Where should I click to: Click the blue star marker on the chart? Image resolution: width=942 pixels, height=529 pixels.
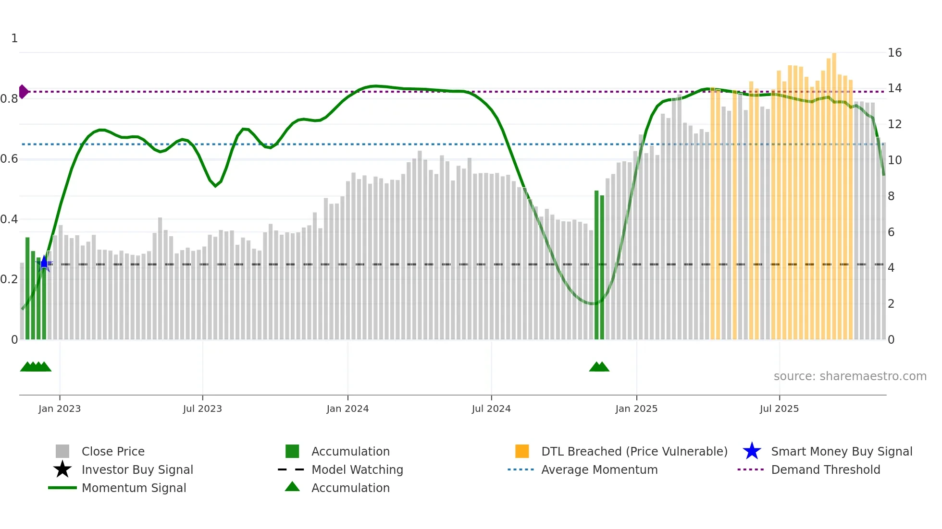(44, 263)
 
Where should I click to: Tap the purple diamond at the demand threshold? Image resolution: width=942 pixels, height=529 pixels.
(23, 92)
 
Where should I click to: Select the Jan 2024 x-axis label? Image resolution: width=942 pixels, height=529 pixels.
(347, 409)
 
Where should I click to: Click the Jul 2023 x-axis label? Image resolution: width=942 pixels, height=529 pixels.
(202, 409)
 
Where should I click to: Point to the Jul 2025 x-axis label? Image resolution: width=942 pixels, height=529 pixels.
(779, 409)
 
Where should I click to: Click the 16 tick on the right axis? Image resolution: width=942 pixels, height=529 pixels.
(894, 53)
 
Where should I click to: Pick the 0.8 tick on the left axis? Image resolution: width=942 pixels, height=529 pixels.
(9, 99)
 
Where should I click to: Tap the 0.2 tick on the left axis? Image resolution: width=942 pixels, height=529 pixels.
(9, 279)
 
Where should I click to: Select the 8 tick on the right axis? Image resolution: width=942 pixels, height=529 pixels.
(891, 196)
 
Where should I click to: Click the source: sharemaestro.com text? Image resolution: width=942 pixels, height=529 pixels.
(850, 376)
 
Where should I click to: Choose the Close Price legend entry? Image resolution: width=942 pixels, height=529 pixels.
(113, 451)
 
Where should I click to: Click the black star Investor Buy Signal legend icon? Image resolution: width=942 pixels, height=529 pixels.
(62, 469)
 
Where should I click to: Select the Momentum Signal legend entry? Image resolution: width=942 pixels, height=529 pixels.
(134, 488)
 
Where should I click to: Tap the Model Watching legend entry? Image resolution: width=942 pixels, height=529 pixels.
(357, 469)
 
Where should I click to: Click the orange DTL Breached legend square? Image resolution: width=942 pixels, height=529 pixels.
(522, 451)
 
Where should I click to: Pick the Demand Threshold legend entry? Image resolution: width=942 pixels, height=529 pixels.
(825, 469)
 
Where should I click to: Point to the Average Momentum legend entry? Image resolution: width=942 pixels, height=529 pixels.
(599, 469)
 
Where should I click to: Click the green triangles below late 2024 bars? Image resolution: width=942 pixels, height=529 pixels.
(599, 367)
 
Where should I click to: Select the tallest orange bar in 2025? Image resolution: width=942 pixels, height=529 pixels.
(834, 192)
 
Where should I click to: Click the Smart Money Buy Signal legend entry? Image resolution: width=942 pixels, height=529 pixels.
(842, 451)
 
